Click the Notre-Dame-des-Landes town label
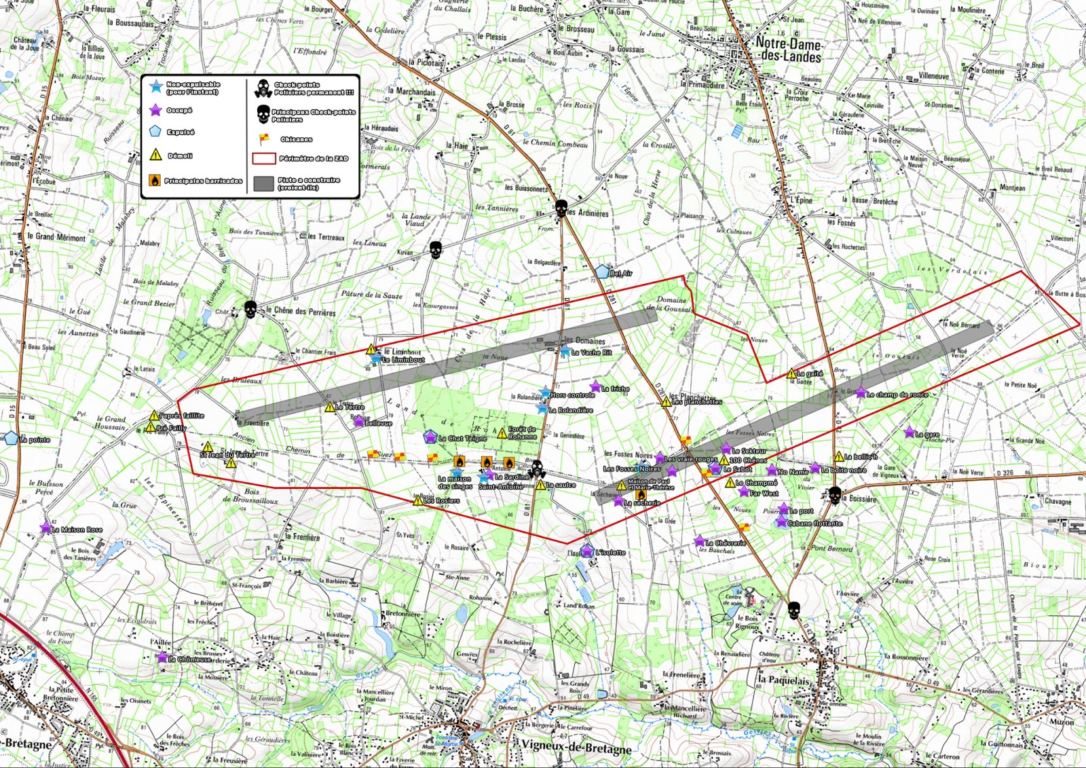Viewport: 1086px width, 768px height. click(789, 50)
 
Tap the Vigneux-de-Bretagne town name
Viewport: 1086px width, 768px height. click(576, 749)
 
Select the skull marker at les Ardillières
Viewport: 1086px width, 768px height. click(561, 208)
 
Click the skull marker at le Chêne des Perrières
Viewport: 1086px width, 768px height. click(250, 309)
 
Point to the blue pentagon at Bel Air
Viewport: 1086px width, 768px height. click(602, 272)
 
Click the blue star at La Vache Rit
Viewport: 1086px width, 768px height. click(565, 351)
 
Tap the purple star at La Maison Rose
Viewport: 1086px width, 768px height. click(45, 528)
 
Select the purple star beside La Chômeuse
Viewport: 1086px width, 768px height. click(162, 657)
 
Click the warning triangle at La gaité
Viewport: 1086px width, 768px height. click(791, 373)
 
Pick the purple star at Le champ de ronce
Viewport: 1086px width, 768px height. click(861, 392)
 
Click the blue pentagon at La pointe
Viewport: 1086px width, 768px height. click(12, 438)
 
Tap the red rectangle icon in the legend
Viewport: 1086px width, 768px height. click(263, 158)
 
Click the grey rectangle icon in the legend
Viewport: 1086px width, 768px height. click(263, 183)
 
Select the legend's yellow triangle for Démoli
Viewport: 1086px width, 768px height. click(155, 155)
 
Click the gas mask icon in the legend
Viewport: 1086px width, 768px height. click(263, 88)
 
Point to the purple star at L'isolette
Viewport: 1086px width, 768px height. click(587, 551)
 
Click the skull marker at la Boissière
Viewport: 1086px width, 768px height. click(835, 494)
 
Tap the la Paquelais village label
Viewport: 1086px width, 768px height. click(784, 680)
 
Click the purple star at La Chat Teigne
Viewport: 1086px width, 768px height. click(430, 437)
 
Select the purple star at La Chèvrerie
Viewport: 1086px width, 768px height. click(699, 541)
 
